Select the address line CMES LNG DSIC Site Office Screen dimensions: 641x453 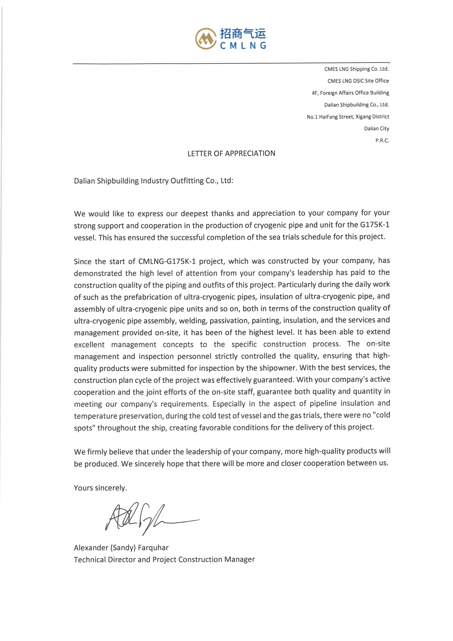[358, 81]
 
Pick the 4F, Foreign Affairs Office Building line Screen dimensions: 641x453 [350, 93]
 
